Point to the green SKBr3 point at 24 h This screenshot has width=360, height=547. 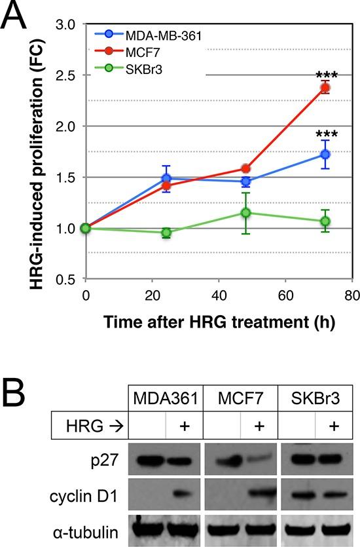[x=166, y=233]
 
